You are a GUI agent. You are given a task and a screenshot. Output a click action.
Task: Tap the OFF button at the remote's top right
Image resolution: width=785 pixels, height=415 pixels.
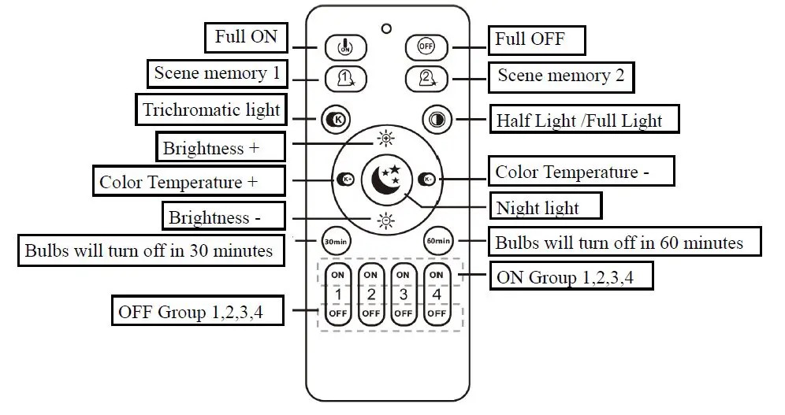[425, 47]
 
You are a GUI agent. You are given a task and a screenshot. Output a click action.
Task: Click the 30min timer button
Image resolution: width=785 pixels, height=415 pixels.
[334, 240]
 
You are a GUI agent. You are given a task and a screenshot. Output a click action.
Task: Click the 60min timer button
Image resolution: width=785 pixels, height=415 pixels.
[437, 240]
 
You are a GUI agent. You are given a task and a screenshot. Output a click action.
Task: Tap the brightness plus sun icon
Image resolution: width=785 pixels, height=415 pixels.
[385, 139]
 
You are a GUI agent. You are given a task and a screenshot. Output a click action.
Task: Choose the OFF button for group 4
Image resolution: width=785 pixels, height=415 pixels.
[436, 313]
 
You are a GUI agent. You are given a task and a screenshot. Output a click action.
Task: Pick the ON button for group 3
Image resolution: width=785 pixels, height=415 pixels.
[403, 274]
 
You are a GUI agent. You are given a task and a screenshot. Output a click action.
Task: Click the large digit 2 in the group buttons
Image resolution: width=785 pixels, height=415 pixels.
[370, 294]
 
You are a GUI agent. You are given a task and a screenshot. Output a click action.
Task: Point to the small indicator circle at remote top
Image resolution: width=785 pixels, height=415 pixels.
[385, 29]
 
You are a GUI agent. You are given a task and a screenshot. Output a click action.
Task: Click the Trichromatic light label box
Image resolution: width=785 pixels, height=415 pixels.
[211, 110]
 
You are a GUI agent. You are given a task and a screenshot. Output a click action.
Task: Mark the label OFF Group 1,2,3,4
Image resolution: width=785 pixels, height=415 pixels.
[190, 311]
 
